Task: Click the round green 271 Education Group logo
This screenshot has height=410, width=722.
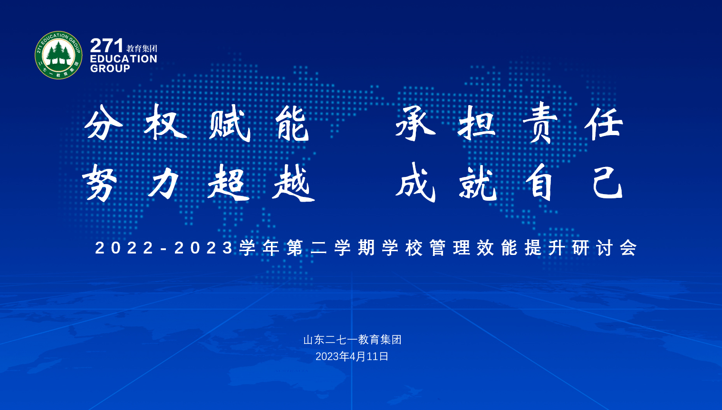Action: (x=58, y=55)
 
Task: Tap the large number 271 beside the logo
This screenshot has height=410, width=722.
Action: (x=106, y=46)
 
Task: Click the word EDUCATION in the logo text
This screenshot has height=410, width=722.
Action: (x=124, y=59)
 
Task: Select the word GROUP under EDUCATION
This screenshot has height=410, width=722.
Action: (x=110, y=68)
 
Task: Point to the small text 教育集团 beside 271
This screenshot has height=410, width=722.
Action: (x=142, y=49)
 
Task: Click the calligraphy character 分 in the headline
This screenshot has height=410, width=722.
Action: (x=103, y=123)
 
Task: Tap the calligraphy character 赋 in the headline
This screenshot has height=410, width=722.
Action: (x=230, y=124)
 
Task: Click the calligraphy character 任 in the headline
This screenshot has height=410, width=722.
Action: (x=604, y=124)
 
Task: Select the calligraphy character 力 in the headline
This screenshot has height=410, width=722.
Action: (x=164, y=183)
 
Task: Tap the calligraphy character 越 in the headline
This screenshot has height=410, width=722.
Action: (x=293, y=183)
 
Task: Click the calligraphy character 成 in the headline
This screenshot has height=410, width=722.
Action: (x=416, y=183)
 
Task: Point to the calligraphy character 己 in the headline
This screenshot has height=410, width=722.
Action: (x=607, y=183)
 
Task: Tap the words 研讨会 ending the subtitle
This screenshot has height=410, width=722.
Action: (x=605, y=248)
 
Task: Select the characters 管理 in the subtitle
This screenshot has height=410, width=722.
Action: (x=450, y=248)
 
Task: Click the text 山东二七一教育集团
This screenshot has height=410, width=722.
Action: (x=352, y=340)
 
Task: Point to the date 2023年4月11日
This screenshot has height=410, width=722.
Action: (x=352, y=356)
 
